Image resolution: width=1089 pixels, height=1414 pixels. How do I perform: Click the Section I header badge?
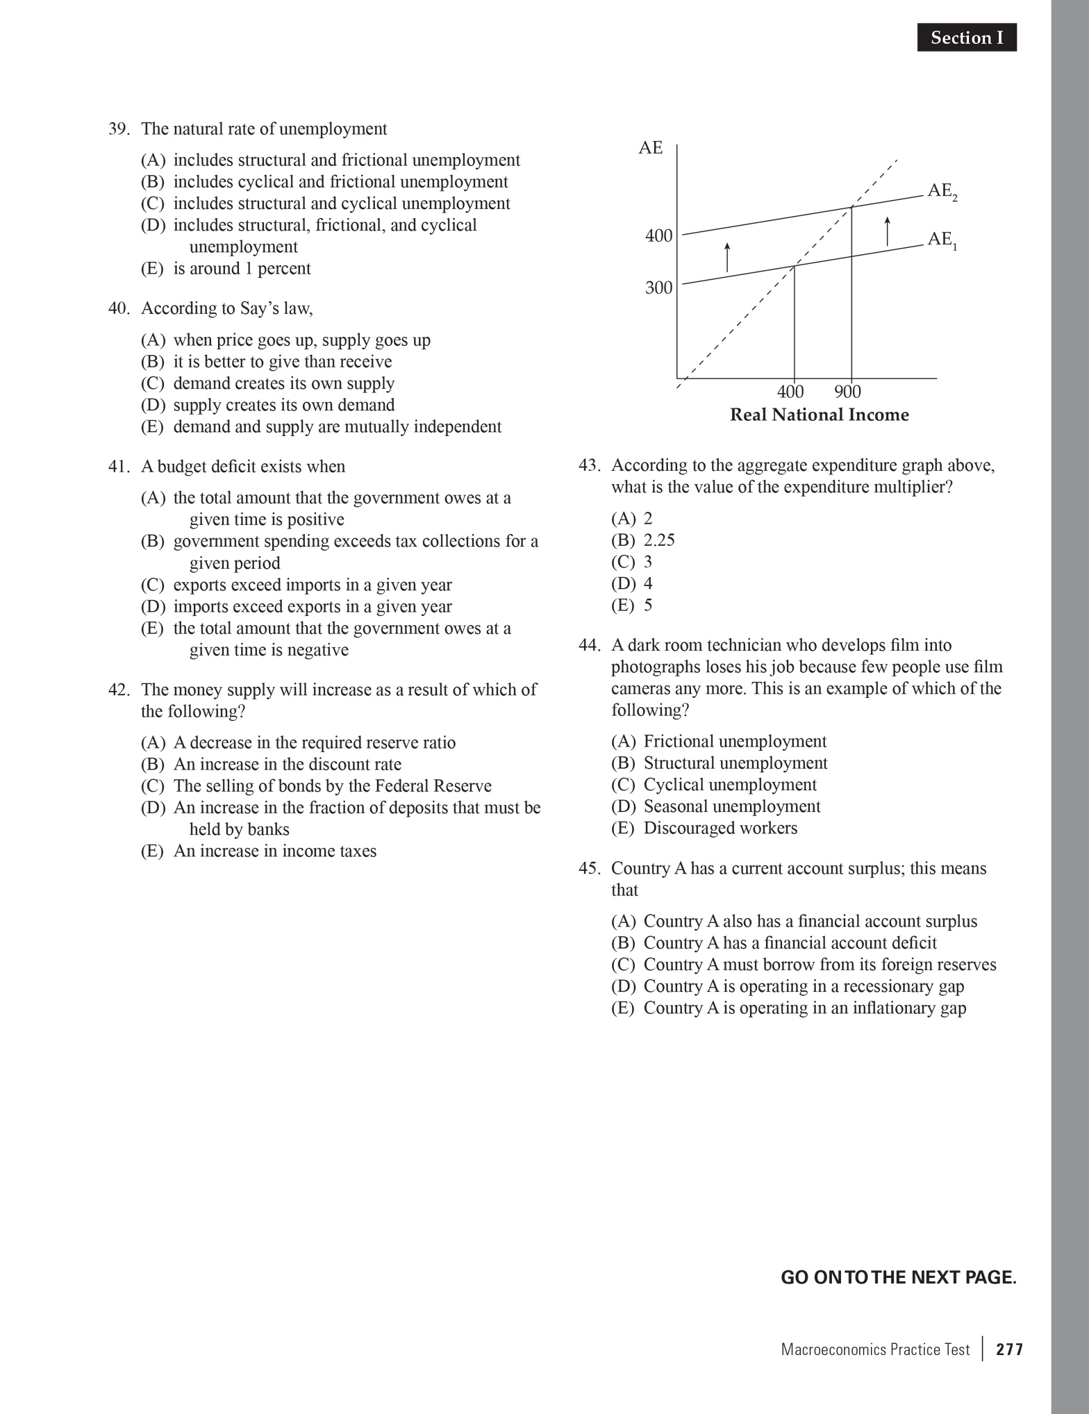[966, 38]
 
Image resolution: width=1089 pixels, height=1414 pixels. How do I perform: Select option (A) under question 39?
[330, 160]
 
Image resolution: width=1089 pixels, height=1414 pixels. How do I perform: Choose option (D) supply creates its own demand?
[267, 405]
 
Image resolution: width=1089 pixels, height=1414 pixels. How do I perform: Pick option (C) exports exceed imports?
[296, 585]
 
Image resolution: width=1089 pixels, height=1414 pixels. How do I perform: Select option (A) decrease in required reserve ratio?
[298, 742]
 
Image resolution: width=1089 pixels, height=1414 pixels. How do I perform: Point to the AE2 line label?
[942, 192]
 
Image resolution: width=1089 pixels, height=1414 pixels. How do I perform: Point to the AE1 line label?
[942, 240]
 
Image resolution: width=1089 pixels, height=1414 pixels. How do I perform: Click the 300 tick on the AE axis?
[658, 288]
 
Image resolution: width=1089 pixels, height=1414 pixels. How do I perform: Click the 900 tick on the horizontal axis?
[847, 392]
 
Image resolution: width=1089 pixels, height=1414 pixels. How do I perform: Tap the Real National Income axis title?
[819, 415]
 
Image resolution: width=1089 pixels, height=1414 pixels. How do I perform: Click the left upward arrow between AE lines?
[726, 257]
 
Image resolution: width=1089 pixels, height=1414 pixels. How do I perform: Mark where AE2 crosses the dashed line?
[851, 207]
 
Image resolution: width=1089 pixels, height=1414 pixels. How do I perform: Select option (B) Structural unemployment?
[719, 763]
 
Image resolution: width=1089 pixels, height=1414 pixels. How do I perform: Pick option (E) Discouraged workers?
[704, 828]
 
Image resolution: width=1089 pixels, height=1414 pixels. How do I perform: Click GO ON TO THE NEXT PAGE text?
[898, 1277]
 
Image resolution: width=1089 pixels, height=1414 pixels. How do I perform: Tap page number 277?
[1009, 1349]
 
